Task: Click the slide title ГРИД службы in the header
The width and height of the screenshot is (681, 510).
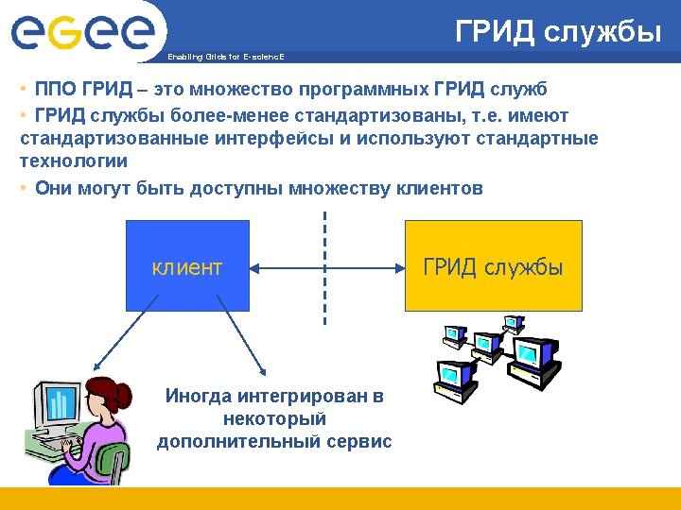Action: (x=558, y=33)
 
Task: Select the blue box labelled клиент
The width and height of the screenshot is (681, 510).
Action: (x=187, y=266)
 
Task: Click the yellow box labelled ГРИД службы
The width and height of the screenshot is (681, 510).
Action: (x=493, y=266)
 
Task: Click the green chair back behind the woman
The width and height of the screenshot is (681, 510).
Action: (x=119, y=463)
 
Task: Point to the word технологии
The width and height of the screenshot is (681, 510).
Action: (x=73, y=161)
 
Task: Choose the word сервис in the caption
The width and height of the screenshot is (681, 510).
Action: (x=360, y=441)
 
